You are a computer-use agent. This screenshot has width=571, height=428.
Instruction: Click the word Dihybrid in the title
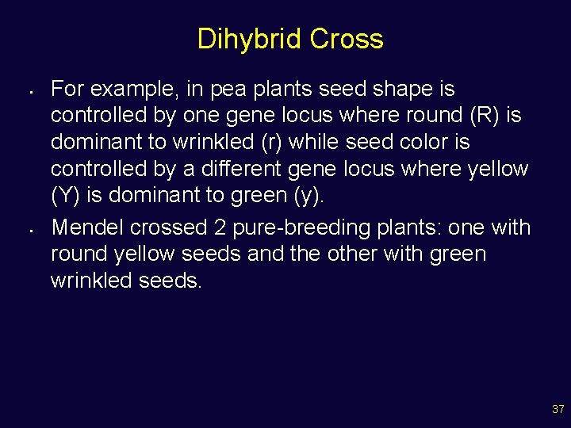pyautogui.click(x=250, y=39)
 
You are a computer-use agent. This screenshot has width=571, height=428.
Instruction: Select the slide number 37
pyautogui.click(x=558, y=410)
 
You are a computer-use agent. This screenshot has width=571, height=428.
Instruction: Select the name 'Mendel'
pyautogui.click(x=87, y=227)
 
